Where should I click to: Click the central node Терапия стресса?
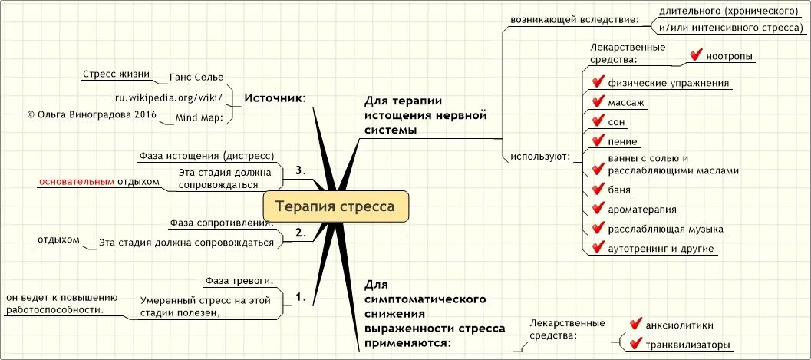click(x=335, y=206)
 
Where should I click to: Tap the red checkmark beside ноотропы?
click(x=697, y=55)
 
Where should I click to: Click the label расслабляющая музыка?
click(x=664, y=229)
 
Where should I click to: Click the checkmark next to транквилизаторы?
click(x=635, y=343)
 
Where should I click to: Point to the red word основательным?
click(x=77, y=182)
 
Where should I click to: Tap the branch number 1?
click(x=302, y=296)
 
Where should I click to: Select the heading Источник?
click(x=275, y=98)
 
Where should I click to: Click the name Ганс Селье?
click(x=196, y=77)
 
